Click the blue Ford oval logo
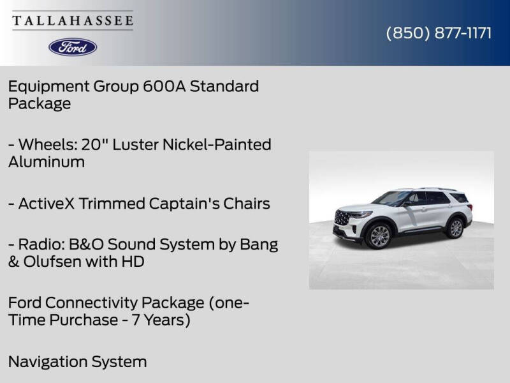coord(73,47)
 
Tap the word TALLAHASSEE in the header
coord(73,20)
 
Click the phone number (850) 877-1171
coord(439,33)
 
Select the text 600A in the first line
coord(164,86)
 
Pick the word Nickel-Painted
coord(217,145)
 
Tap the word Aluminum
coord(47,161)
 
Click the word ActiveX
coord(47,204)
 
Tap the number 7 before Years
coord(136,320)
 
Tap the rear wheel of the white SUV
coord(455,228)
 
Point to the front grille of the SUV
coord(342,218)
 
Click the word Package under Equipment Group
coord(40,103)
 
